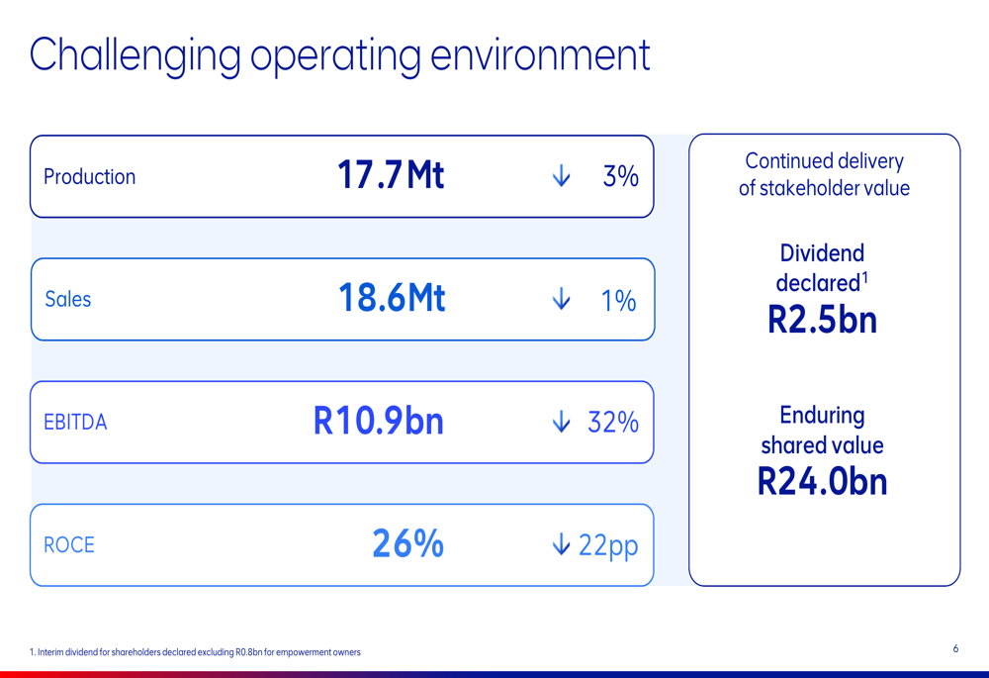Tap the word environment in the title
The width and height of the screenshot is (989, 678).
click(540, 54)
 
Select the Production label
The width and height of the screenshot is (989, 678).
click(90, 177)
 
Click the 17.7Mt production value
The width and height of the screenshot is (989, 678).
click(391, 175)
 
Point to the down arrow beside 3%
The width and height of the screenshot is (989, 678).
click(562, 176)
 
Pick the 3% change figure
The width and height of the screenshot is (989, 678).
click(621, 176)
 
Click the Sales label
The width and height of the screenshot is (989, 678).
click(67, 299)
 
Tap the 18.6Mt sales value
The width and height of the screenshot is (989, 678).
click(392, 297)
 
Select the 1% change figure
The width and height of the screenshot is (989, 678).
click(619, 300)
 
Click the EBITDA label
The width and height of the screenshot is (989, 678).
click(75, 422)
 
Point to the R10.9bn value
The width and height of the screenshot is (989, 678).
click(379, 421)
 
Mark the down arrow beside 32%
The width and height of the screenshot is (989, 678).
click(562, 422)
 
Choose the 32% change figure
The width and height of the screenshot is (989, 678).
click(613, 423)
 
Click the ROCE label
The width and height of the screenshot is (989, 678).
click(69, 544)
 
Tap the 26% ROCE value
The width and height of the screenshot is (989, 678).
click(408, 543)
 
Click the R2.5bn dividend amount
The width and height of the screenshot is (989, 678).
click(823, 320)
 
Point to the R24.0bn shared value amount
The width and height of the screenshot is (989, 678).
click(823, 482)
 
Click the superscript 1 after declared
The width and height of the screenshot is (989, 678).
click(864, 278)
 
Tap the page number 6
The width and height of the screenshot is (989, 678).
click(955, 648)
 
